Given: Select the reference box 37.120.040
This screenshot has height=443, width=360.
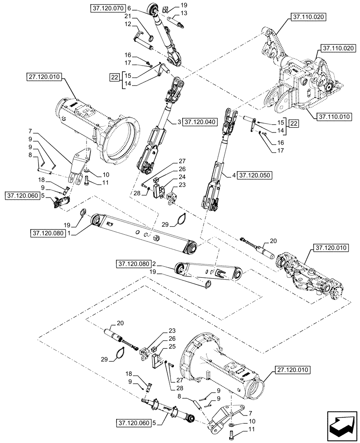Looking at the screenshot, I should click(200, 121).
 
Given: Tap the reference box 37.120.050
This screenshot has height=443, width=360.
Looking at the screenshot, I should click(254, 176).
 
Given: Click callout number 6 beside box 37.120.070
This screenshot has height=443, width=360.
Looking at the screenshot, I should click(129, 8).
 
